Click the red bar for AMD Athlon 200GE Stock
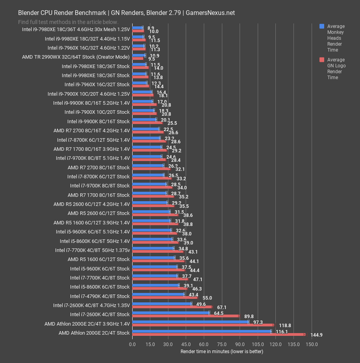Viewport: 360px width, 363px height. (x=218, y=335)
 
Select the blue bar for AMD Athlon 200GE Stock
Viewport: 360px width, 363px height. (x=201, y=332)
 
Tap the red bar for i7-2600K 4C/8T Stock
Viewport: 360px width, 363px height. (x=186, y=316)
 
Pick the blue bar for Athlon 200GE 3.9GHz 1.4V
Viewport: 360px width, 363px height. (x=190, y=322)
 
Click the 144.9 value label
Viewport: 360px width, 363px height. (x=314, y=335)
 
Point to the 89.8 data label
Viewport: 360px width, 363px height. (x=248, y=316)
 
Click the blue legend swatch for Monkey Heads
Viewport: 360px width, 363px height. (x=322, y=26)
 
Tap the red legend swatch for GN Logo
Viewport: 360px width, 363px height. (x=322, y=60)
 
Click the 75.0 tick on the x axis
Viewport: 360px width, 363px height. (x=222, y=344)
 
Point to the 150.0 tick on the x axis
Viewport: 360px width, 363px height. (x=312, y=344)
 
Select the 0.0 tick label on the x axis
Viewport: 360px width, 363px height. (x=132, y=344)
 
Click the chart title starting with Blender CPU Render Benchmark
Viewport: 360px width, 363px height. (x=126, y=13)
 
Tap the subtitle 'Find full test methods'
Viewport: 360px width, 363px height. (x=68, y=22)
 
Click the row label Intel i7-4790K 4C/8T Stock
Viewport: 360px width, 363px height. (x=100, y=296)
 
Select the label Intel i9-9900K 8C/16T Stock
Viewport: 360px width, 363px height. (x=98, y=121)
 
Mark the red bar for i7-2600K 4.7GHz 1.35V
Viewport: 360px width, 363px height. (x=172, y=307)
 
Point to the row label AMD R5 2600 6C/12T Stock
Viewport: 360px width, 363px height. (x=98, y=213)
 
